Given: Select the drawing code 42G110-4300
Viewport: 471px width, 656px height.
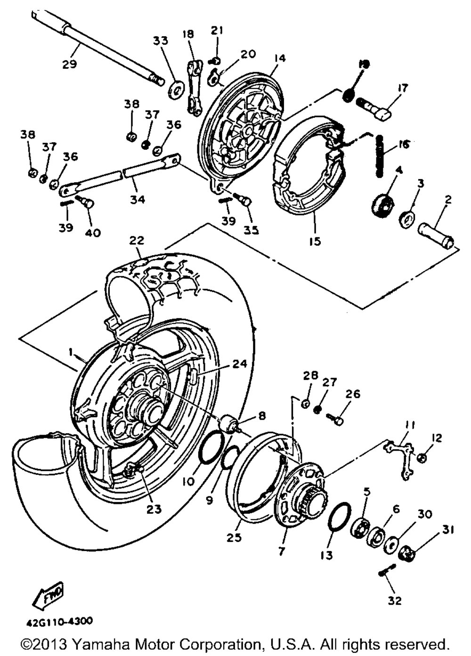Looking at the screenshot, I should tap(59, 621).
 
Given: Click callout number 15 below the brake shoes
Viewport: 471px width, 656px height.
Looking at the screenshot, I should tap(315, 241).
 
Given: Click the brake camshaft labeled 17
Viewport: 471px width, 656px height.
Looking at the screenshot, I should tap(376, 108).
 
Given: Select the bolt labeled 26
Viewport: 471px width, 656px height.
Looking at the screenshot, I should tap(337, 417).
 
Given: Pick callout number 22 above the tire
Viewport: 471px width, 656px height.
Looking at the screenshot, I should tap(137, 240).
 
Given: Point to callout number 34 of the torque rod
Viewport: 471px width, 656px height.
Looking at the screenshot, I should tap(138, 199).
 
